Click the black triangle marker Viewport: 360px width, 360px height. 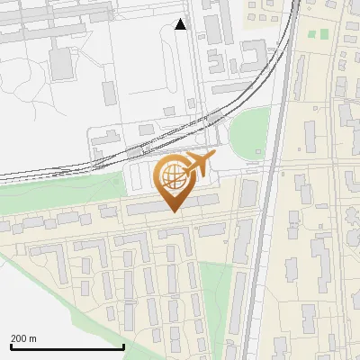(x=181, y=24)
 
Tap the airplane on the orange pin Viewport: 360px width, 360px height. (x=199, y=165)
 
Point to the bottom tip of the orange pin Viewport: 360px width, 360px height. (x=174, y=212)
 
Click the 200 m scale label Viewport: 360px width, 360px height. (x=23, y=338)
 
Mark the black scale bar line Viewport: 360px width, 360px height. (x=67, y=346)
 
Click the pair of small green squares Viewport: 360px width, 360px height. (x=318, y=35)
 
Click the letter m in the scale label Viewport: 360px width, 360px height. (x=32, y=338)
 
